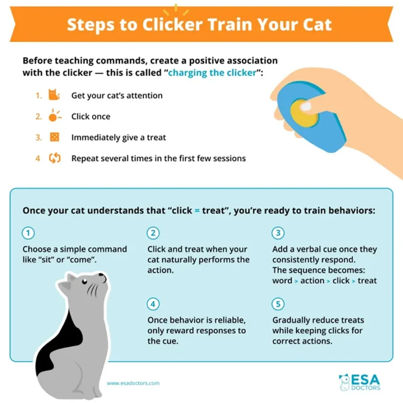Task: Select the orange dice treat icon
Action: [x=54, y=137]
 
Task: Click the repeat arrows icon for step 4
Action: [x=55, y=158]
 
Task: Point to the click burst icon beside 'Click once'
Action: [x=55, y=116]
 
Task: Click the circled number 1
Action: [x=28, y=233]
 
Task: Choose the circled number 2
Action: [x=153, y=233]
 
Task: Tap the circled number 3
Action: [x=278, y=233]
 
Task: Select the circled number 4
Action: [x=153, y=304]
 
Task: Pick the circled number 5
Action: [x=278, y=304]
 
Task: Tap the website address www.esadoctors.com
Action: [x=133, y=383]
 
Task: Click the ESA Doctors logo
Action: [x=359, y=382]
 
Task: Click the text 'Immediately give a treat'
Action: [x=119, y=137]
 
